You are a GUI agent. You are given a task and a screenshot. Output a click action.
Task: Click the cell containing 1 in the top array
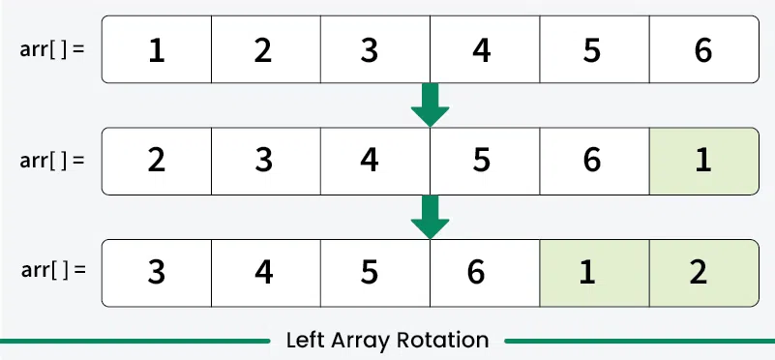156,50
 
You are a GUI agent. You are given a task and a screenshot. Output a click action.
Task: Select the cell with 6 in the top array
703,50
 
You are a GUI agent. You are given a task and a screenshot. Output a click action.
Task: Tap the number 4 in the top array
482,50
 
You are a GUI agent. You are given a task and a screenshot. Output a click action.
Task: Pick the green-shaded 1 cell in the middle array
703,160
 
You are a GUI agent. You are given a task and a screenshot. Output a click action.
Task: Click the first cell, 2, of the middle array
156,160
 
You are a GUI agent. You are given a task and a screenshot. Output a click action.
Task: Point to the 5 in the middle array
482,160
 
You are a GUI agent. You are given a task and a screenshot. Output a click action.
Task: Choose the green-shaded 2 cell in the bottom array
703,271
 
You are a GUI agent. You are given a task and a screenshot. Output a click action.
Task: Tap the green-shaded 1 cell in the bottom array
593,271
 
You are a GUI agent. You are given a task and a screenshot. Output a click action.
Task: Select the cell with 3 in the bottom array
156,271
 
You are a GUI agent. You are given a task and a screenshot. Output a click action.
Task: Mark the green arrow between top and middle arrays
431,105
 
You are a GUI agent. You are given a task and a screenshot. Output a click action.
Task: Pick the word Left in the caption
304,341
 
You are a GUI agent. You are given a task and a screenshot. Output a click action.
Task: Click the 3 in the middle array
264,160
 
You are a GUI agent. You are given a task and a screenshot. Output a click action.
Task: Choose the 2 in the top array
264,50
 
